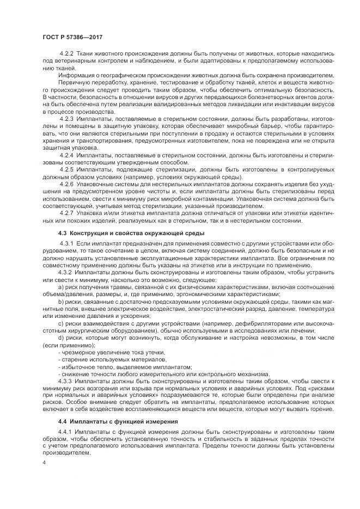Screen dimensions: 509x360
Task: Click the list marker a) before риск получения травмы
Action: [x=60, y=287]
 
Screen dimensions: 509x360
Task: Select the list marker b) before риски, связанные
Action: [x=60, y=302]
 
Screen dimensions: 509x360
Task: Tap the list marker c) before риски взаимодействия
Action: [x=60, y=323]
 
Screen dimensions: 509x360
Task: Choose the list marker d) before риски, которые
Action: [x=60, y=338]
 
